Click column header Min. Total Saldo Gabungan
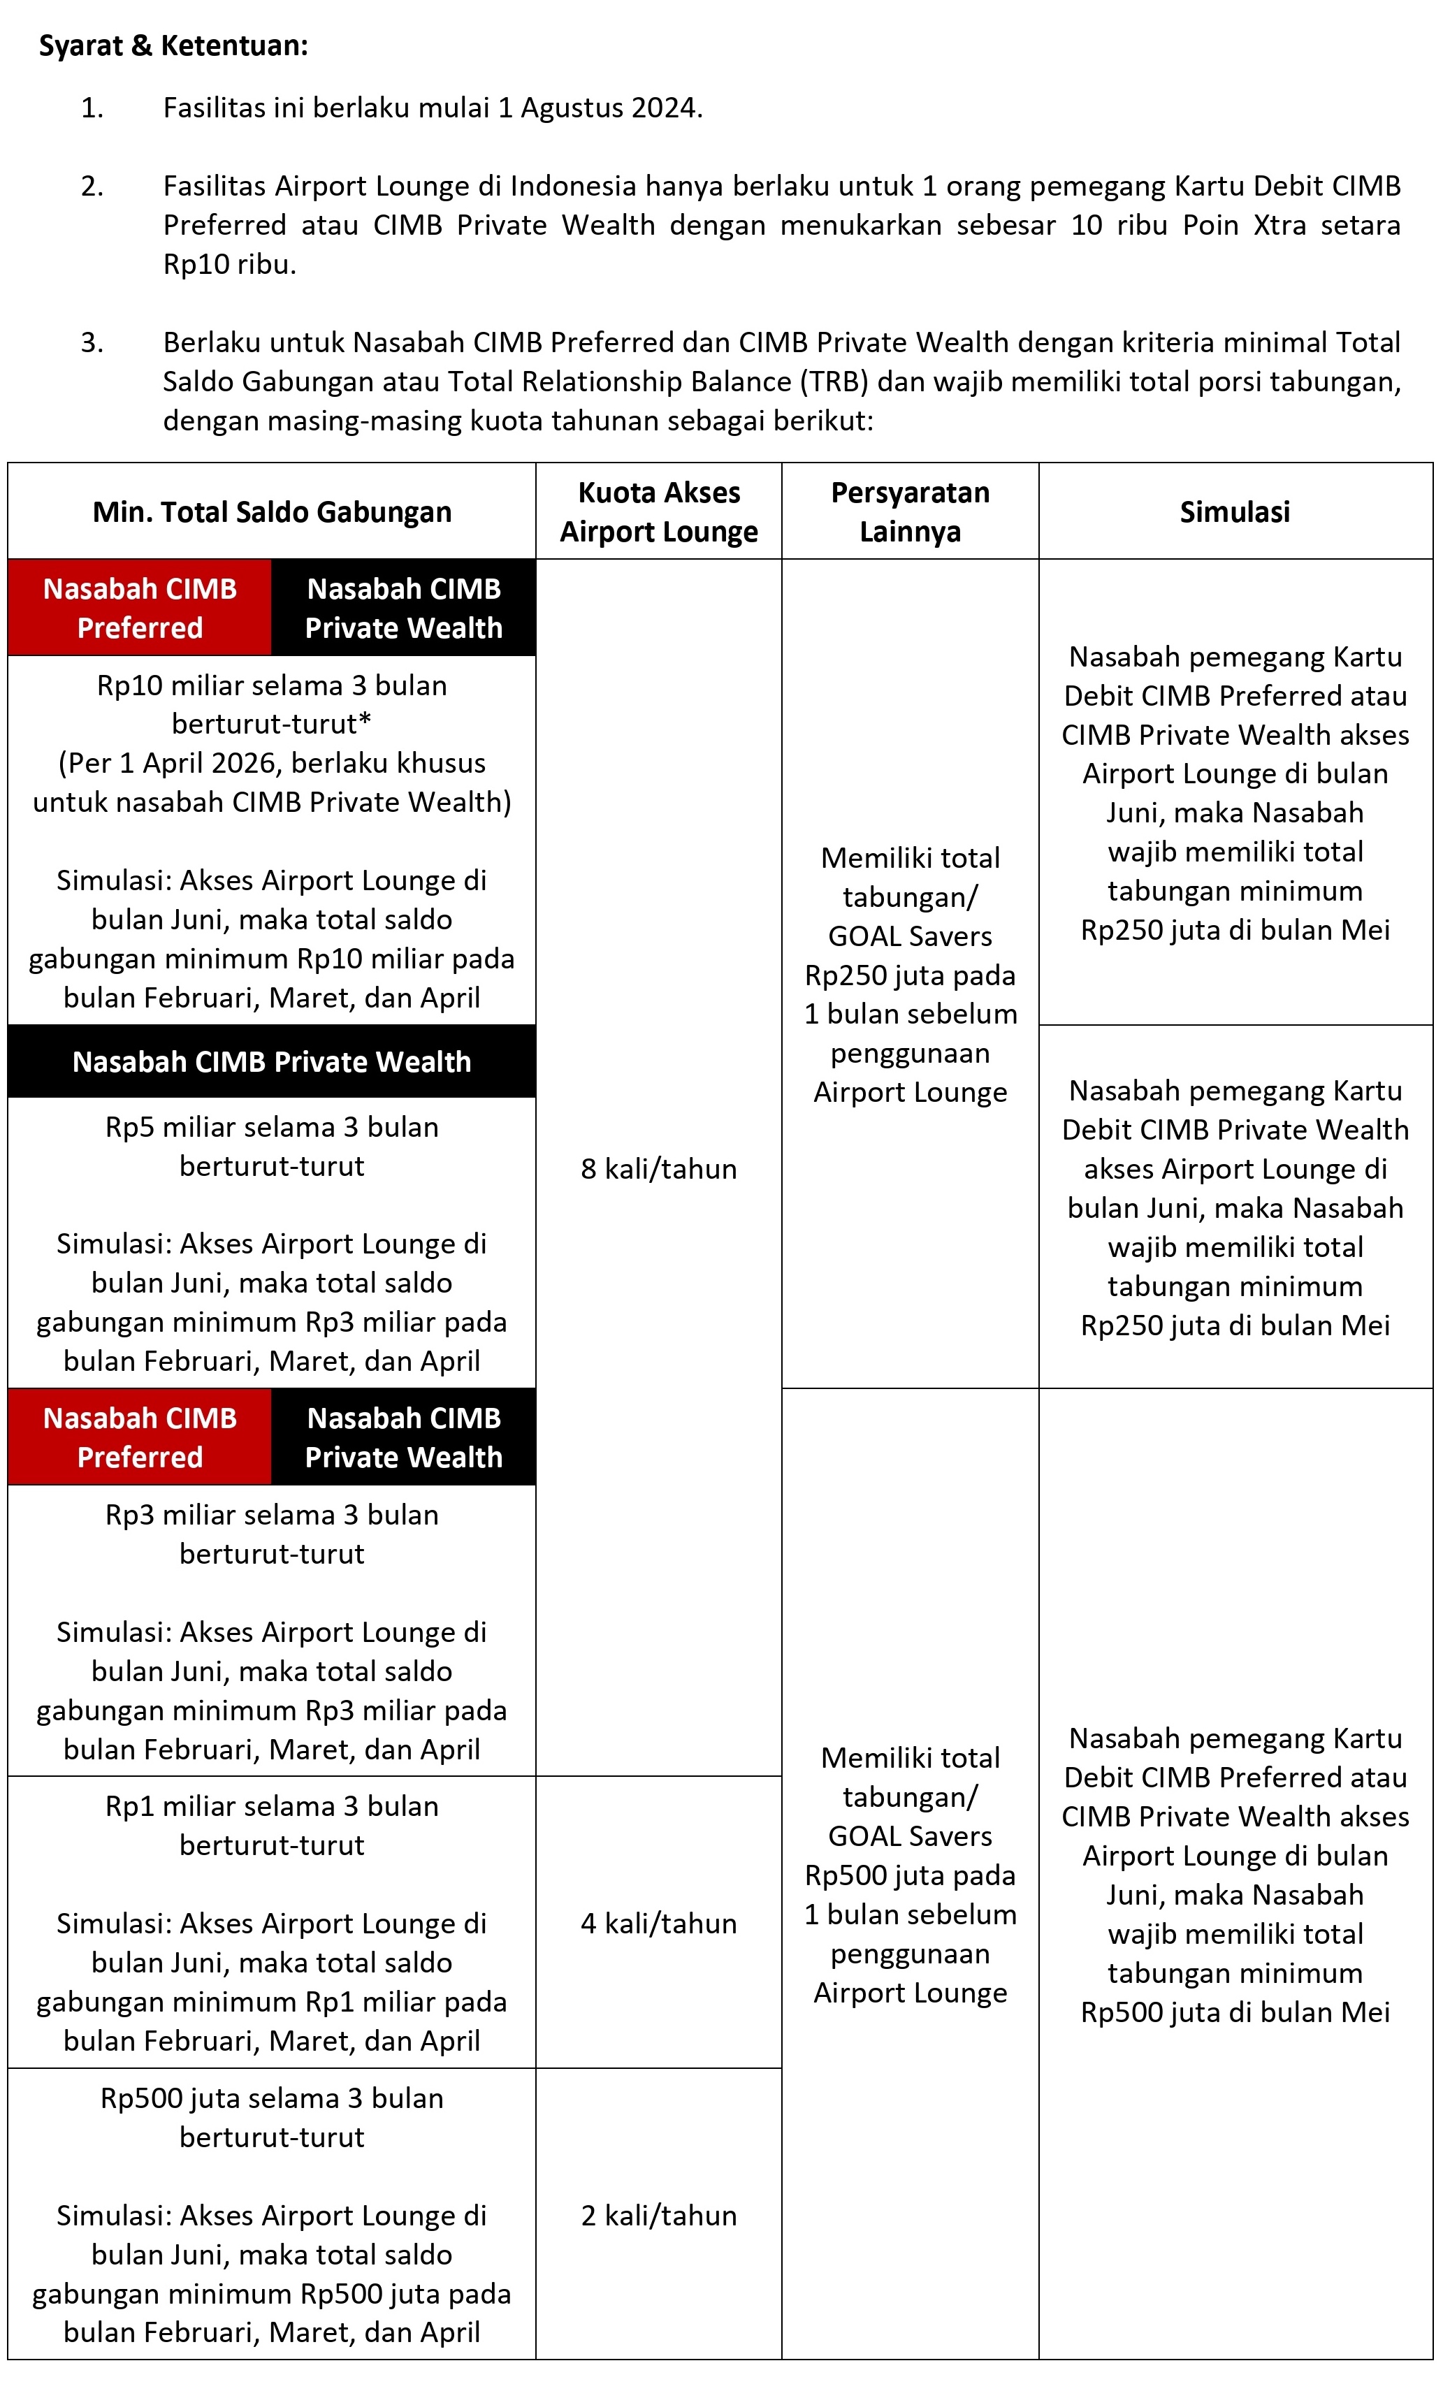tap(272, 511)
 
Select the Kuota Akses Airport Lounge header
tap(659, 511)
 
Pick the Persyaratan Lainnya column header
tap(911, 511)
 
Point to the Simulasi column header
tap(1234, 511)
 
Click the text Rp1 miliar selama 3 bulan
tap(272, 1806)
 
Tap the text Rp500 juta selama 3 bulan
tap(272, 2098)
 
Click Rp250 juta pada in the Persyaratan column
tap(911, 975)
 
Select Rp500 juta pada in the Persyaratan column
tap(911, 1876)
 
